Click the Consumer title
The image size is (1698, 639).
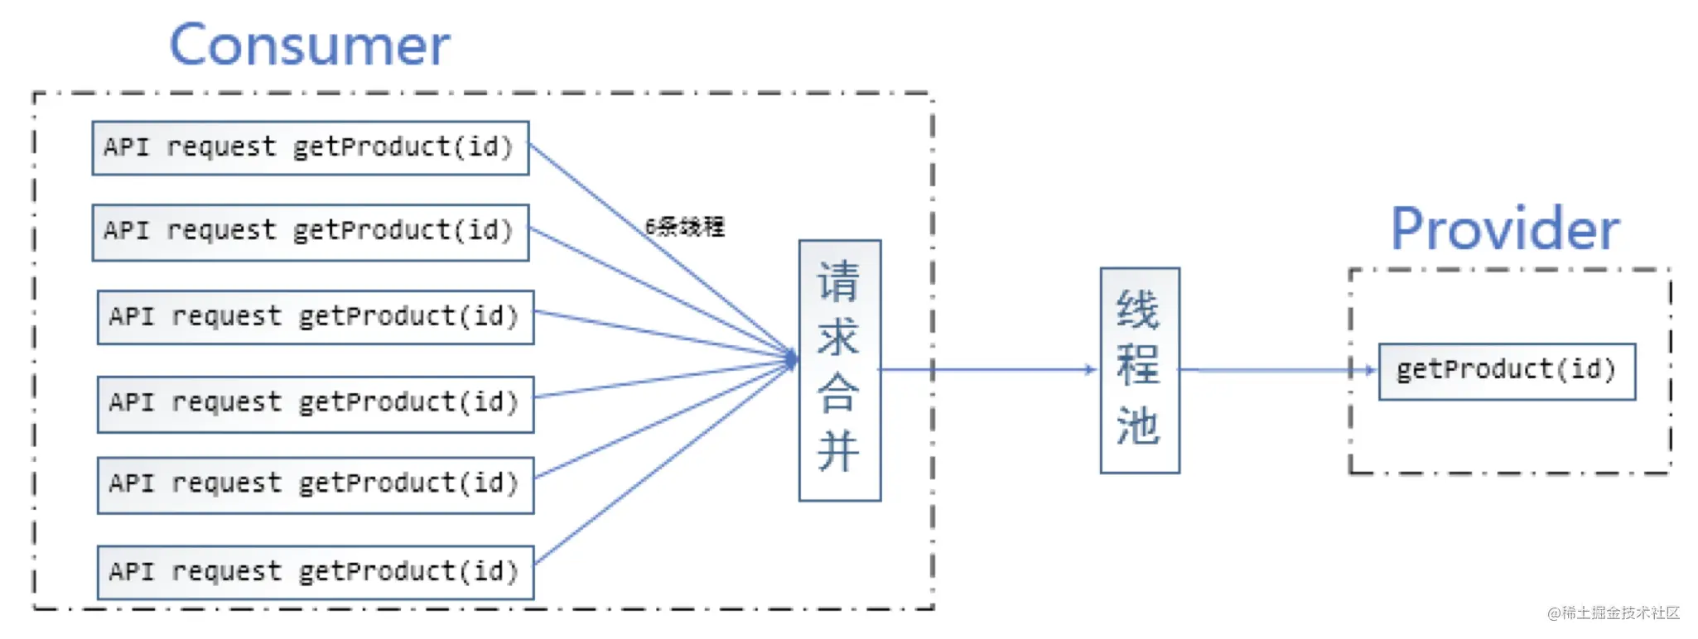click(x=310, y=45)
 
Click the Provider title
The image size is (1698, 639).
click(x=1505, y=228)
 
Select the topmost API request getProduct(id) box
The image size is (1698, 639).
click(x=311, y=148)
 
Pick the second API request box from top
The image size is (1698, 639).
click(x=311, y=233)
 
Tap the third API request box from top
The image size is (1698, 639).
click(x=316, y=317)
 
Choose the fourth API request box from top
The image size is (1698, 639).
click(x=316, y=404)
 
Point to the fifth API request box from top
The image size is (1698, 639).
click(x=316, y=485)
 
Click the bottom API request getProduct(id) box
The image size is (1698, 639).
click(x=316, y=572)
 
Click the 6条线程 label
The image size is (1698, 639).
click(x=684, y=227)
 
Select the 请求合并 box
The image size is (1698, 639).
click(x=840, y=370)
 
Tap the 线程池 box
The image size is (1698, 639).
click(x=1140, y=370)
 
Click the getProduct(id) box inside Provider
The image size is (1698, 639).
click(x=1507, y=372)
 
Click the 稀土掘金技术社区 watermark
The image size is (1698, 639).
click(x=1614, y=613)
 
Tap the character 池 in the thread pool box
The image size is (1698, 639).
click(x=1138, y=425)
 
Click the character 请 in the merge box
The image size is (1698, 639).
click(x=838, y=281)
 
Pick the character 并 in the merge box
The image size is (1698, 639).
click(x=838, y=452)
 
